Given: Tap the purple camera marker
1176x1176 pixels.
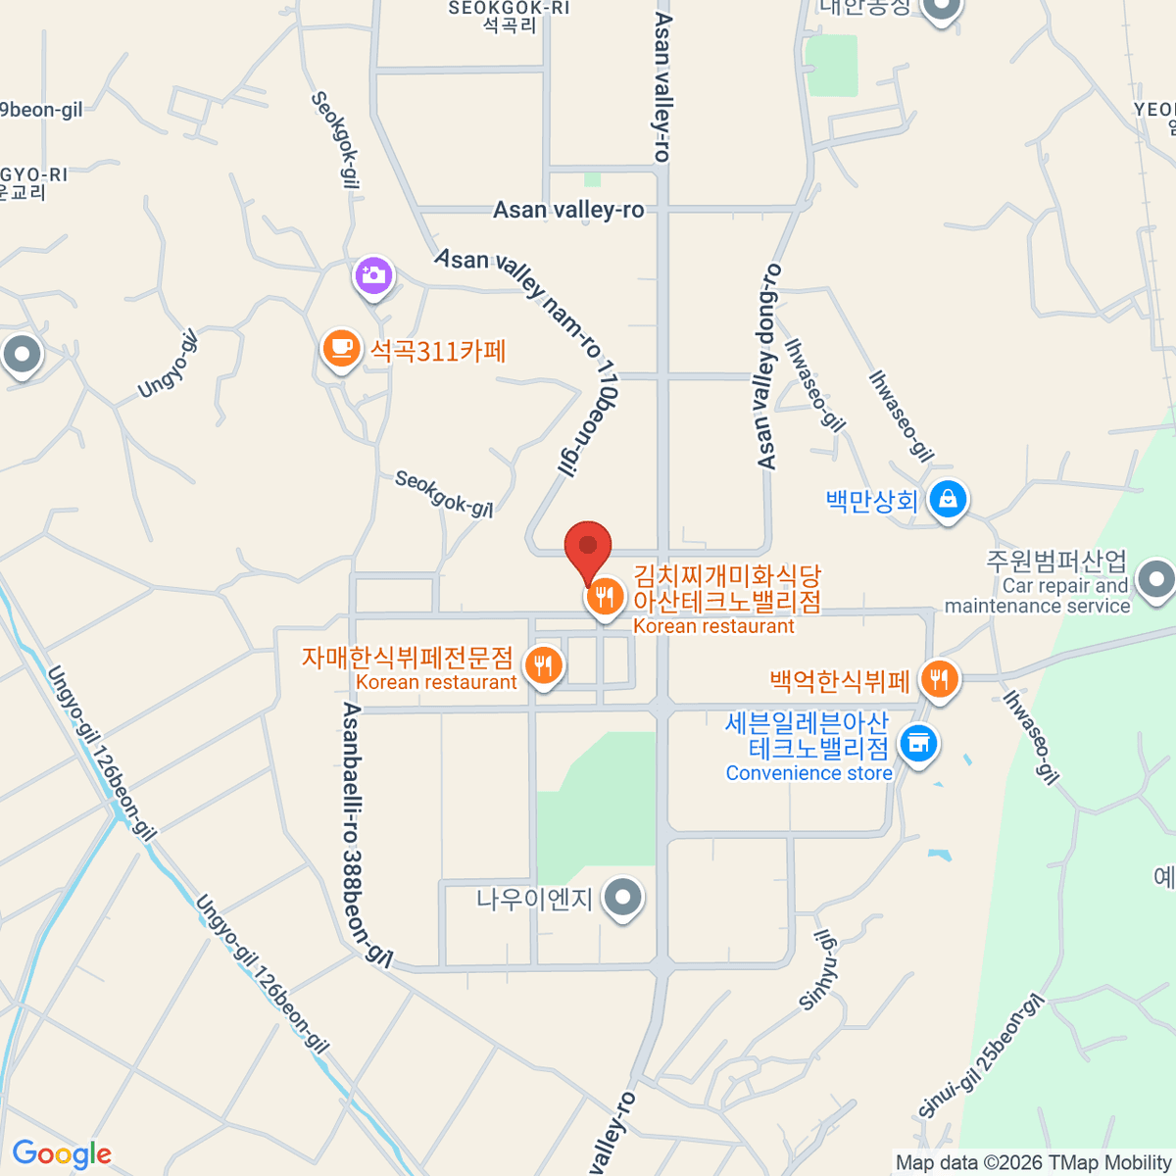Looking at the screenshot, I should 373,276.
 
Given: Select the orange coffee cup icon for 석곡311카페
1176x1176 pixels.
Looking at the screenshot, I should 340,348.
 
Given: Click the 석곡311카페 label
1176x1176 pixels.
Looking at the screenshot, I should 438,351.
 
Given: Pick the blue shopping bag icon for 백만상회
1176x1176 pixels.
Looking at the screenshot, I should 948,499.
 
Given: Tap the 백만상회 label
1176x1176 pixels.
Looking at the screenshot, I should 871,502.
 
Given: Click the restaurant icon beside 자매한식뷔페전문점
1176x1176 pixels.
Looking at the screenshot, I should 543,666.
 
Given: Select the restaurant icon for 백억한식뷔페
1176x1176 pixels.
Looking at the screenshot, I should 940,677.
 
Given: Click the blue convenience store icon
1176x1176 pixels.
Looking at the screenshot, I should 918,744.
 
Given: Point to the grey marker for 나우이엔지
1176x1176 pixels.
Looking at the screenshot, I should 622,897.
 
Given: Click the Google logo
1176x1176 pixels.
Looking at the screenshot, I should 62,1154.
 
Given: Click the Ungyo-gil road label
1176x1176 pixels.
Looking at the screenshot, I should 168,364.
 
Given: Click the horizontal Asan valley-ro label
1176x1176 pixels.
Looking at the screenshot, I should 568,210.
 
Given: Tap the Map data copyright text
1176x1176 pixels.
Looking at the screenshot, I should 1033,1162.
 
